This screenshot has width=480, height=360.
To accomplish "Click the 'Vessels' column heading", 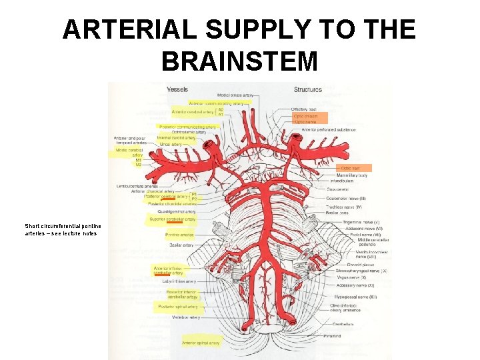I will tap(177, 89).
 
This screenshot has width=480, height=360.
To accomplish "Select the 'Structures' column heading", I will tap(307, 89).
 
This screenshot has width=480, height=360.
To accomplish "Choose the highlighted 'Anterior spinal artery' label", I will tap(200, 342).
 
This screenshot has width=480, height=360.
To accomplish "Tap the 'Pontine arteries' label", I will tap(180, 235).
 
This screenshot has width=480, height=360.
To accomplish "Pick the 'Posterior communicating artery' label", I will tap(187, 127).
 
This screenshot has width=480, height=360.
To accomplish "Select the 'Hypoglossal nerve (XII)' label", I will tap(355, 296).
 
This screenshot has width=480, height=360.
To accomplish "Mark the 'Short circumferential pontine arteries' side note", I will tap(61, 229).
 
